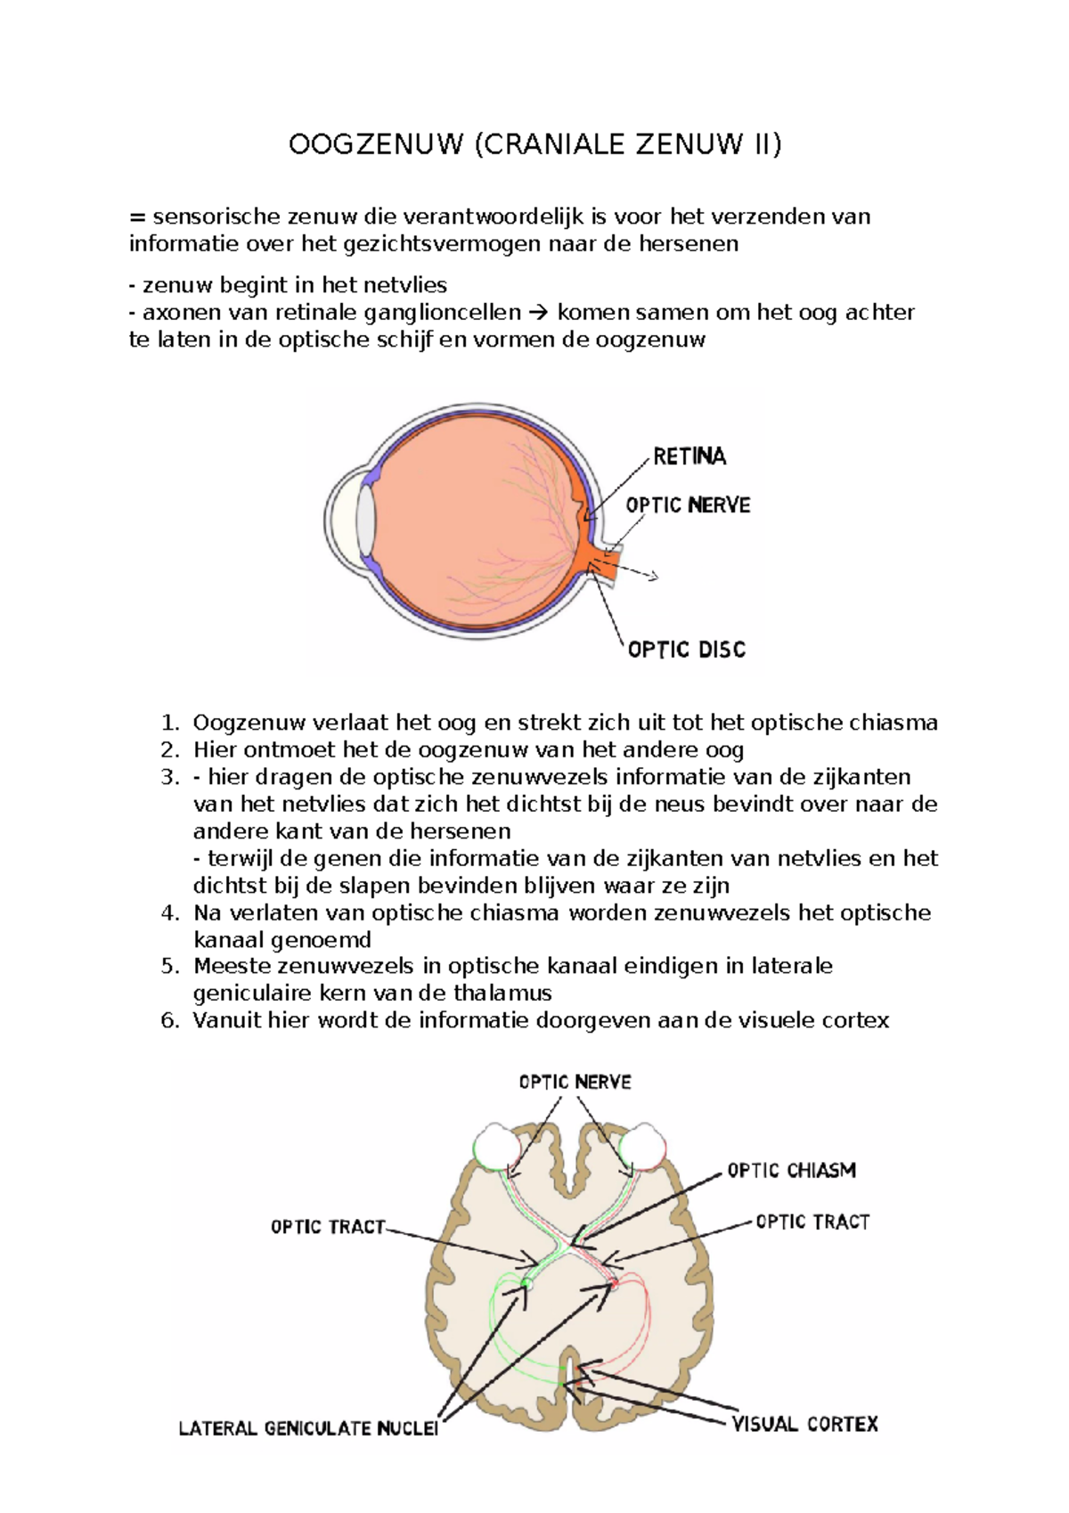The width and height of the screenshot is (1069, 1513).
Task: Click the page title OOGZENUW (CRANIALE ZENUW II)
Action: pos(534,144)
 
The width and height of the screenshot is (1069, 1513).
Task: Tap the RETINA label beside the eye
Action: pos(690,457)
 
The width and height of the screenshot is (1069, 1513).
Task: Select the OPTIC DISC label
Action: pos(686,650)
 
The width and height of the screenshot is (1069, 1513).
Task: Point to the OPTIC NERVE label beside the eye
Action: pos(688,505)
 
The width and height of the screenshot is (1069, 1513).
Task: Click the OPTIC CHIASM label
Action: pos(791,1170)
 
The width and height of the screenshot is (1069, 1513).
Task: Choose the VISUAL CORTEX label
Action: pos(804,1424)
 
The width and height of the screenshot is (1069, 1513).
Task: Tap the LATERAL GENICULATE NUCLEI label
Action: pos(308,1428)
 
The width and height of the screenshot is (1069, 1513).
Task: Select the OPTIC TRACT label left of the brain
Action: pos(327,1227)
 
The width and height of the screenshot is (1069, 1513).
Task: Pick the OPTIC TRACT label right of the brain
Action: pos(812,1222)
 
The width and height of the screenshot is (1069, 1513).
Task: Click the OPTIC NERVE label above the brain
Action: pos(575,1082)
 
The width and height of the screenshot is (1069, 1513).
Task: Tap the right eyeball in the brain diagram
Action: pos(643,1147)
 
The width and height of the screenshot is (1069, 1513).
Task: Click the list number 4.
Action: pos(170,912)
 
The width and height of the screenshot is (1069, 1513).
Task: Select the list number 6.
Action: pos(170,1020)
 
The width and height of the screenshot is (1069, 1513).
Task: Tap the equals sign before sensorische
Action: pos(136,217)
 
